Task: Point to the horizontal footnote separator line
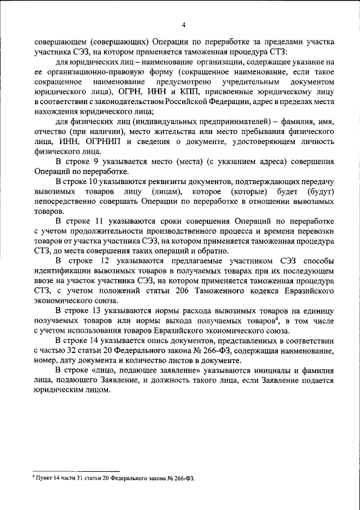click(76, 471)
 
